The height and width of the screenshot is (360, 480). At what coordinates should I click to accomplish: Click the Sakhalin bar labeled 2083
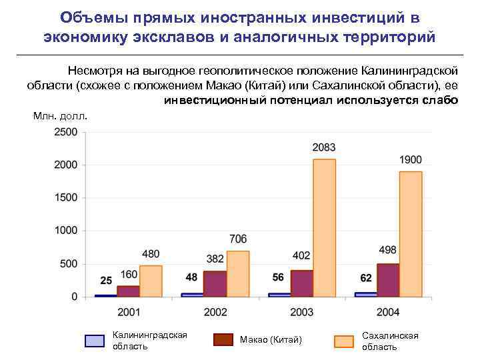[x=324, y=227]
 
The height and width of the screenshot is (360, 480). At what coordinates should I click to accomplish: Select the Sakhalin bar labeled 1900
[x=411, y=233]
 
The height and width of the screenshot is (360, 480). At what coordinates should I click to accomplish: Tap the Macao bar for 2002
[x=215, y=283]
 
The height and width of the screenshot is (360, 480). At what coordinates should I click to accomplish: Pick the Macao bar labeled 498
[x=388, y=280]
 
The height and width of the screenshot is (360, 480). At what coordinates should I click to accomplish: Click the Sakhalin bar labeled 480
[x=151, y=281]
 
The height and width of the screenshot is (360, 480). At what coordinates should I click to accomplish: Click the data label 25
[x=106, y=280]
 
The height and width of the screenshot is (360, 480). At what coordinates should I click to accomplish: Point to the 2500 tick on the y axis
[x=66, y=132]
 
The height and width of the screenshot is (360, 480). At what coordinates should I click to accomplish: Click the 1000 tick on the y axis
[x=66, y=231]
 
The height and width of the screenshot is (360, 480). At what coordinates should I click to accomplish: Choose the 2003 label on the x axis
[x=302, y=312]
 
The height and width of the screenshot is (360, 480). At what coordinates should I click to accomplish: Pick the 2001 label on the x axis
[x=129, y=312]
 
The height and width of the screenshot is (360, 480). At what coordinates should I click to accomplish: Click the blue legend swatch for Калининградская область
[x=95, y=341]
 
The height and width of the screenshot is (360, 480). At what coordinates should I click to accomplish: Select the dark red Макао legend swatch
[x=223, y=339]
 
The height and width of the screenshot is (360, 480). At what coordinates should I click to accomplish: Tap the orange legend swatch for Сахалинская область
[x=343, y=341]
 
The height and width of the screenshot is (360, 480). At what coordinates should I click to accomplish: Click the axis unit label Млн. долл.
[x=60, y=117]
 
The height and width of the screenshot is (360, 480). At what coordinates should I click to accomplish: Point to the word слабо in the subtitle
[x=440, y=100]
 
